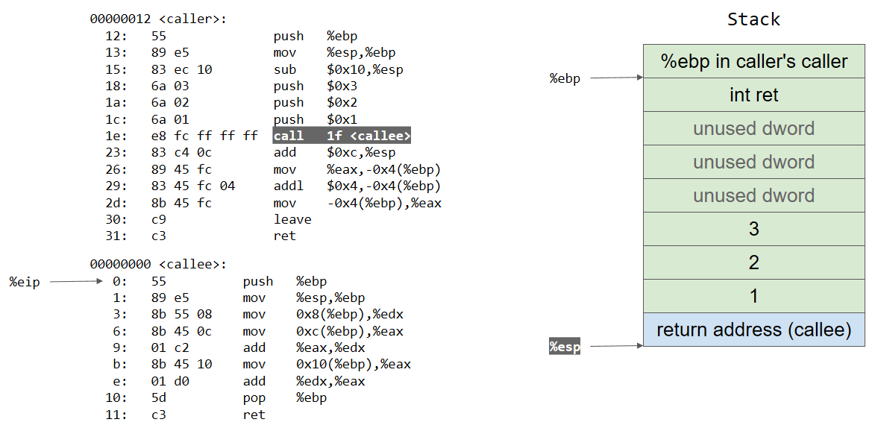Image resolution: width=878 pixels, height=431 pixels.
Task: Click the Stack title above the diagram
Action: (753, 19)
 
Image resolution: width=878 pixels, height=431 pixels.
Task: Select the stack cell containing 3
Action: (753, 229)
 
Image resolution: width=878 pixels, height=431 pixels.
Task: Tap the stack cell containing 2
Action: (753, 262)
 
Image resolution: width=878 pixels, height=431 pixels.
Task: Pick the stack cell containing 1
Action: (753, 296)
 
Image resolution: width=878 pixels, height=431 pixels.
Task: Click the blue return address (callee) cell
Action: (753, 330)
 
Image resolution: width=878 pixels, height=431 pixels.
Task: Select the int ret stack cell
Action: (753, 95)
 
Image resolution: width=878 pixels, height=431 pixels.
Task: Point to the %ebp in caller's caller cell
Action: (753, 61)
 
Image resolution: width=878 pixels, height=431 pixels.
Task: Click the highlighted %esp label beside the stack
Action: (565, 347)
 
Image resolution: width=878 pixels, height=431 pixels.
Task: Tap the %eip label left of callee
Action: (24, 282)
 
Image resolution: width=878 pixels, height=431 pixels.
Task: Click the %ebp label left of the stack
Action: (565, 78)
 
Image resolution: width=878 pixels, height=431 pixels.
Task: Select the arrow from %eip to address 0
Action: (75, 282)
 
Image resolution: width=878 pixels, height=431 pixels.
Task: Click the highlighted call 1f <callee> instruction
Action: (342, 136)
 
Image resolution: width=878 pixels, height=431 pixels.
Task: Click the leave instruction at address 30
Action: (292, 219)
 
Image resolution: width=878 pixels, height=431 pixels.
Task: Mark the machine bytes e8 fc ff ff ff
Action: (204, 136)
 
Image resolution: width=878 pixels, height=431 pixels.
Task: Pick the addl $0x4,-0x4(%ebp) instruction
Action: (357, 186)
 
